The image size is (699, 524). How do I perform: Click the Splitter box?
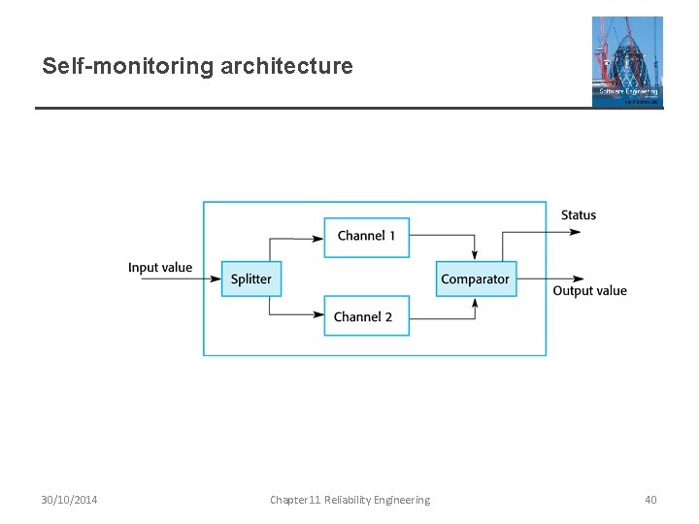tap(251, 279)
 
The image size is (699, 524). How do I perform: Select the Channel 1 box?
tap(366, 237)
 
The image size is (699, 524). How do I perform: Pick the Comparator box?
tap(475, 279)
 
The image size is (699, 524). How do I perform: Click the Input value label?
tap(160, 268)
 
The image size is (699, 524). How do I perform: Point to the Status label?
tap(579, 215)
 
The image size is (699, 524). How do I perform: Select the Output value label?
tap(589, 291)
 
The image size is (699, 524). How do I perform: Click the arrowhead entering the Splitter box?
tap(216, 279)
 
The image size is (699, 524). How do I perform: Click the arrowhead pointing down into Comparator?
tap(475, 255)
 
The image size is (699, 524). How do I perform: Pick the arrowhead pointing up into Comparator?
tap(475, 303)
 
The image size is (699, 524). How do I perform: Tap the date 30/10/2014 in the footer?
tap(69, 500)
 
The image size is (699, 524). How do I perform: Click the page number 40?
tap(650, 500)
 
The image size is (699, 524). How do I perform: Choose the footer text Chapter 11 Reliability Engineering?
tap(349, 500)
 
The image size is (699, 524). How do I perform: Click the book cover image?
tap(627, 60)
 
